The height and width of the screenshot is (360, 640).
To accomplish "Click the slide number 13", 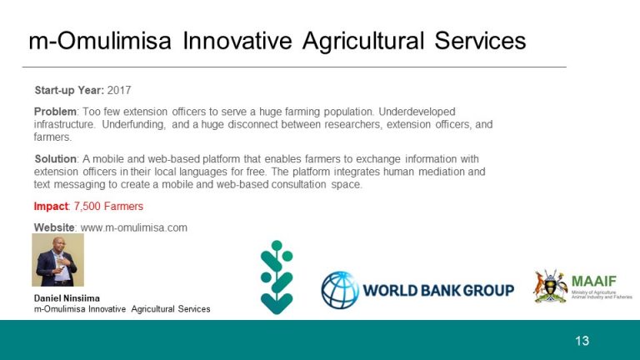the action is pyautogui.click(x=582, y=341).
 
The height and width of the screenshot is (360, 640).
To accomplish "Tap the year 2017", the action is pyautogui.click(x=119, y=90).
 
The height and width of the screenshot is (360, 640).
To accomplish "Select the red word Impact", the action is pyautogui.click(x=51, y=207).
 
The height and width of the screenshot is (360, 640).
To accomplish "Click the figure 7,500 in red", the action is pyautogui.click(x=87, y=207).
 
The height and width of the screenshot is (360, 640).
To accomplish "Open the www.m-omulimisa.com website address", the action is pyautogui.click(x=134, y=227).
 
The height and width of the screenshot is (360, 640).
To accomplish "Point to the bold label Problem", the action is pyautogui.click(x=55, y=112).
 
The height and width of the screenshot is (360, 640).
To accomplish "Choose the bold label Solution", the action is pyautogui.click(x=56, y=159).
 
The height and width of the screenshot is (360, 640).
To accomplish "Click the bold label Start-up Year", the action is pyautogui.click(x=69, y=90).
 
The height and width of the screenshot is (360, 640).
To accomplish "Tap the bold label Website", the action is pyautogui.click(x=54, y=227).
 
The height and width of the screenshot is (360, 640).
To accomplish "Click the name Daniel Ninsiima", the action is pyautogui.click(x=67, y=298).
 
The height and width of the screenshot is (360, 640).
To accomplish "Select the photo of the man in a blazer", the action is pyautogui.click(x=58, y=260).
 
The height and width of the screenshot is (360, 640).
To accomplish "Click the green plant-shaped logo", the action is pyautogui.click(x=277, y=277).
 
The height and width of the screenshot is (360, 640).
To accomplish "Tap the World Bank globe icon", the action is pyautogui.click(x=340, y=290).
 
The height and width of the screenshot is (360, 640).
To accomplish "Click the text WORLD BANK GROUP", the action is pyautogui.click(x=438, y=291).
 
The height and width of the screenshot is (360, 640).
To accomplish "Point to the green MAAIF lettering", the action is pyautogui.click(x=594, y=281).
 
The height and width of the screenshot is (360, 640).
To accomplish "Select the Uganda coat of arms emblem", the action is pyautogui.click(x=551, y=286).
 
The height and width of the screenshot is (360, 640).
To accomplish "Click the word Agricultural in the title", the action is pyautogui.click(x=363, y=41).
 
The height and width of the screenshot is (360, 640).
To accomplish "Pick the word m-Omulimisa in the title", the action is pyautogui.click(x=100, y=41).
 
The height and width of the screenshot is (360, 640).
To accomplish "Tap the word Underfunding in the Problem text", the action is pyautogui.click(x=134, y=124).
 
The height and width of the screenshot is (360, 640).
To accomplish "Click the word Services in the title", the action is pyautogui.click(x=480, y=41).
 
